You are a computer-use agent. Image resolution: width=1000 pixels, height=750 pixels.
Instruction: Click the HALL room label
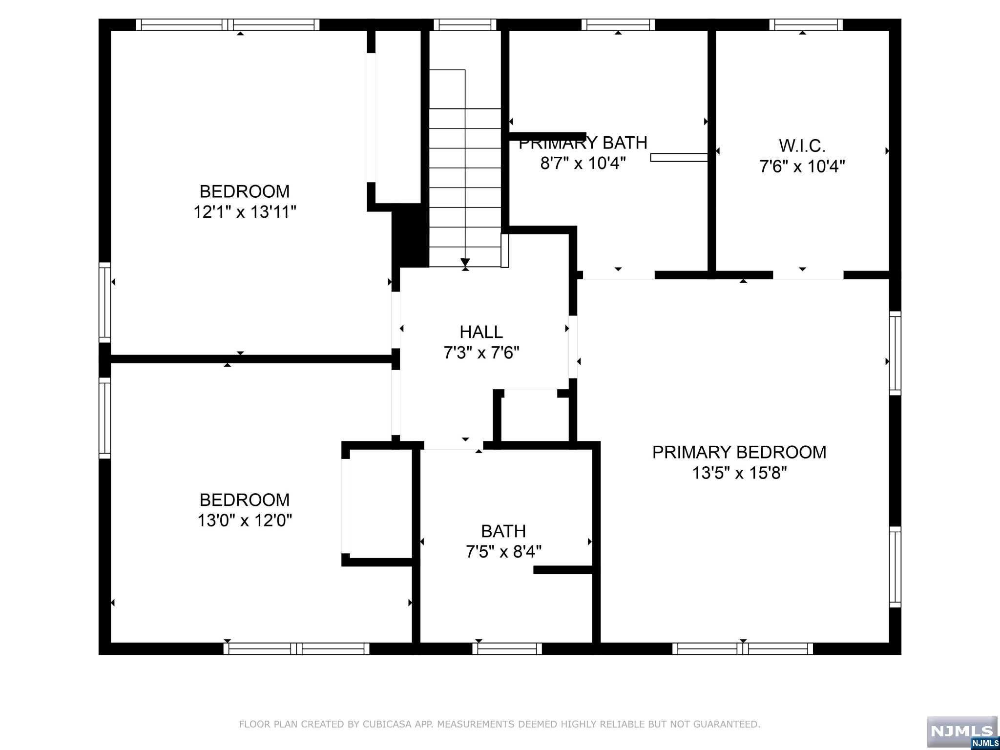481,332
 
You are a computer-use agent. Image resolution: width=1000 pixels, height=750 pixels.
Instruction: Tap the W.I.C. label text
802,146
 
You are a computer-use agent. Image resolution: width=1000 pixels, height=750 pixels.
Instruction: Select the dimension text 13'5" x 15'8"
740,473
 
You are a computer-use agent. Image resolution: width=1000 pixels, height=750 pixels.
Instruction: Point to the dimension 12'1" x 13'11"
245,212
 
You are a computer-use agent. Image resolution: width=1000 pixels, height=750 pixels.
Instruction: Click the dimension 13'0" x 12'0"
245,521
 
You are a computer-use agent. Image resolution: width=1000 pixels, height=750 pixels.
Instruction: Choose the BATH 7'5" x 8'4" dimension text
503,552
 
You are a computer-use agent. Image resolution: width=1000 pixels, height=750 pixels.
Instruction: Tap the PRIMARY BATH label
583,143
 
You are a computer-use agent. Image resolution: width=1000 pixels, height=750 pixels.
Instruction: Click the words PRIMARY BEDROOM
739,452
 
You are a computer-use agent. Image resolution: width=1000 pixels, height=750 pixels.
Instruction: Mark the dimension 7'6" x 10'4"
802,167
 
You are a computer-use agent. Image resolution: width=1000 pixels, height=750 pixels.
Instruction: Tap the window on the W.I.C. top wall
806,24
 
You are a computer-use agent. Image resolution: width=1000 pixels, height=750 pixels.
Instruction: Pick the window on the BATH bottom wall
507,648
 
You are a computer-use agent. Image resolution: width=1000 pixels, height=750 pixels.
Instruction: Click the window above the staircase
465,24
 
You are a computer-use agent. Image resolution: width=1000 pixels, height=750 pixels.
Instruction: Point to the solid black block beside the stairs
411,236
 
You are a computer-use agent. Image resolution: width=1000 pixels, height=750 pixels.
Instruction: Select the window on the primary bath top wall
618,24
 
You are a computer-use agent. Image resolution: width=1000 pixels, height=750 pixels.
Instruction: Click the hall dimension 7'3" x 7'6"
481,353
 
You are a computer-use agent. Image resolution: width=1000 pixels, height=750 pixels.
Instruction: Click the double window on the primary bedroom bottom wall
743,648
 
